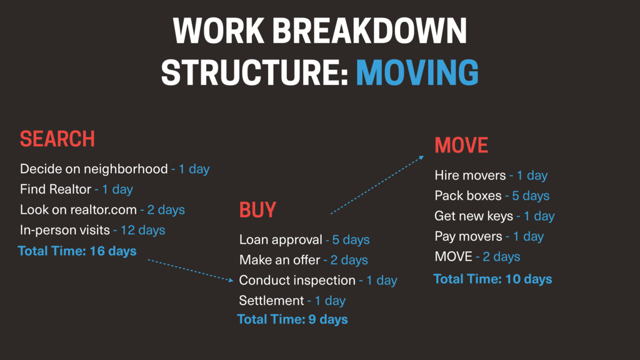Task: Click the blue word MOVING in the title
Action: [417, 72]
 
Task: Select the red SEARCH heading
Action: [57, 139]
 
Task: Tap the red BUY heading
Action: [257, 210]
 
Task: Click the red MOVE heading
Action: [461, 145]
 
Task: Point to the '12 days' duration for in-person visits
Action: [143, 230]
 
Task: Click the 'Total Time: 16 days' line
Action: [77, 251]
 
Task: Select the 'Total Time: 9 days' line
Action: [292, 319]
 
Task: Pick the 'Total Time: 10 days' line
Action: [492, 279]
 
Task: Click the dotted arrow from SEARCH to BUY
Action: [191, 270]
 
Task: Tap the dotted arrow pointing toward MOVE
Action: [377, 184]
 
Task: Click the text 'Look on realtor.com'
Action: [78, 210]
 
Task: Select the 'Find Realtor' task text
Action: [56, 189]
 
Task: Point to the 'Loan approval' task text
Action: [281, 239]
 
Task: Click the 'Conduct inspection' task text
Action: [297, 281]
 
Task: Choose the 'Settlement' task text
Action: [271, 301]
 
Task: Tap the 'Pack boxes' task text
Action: [468, 196]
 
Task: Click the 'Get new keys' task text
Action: [474, 216]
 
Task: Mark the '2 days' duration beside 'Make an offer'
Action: [349, 260]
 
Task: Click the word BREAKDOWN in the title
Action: [369, 31]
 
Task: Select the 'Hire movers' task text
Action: [470, 176]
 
